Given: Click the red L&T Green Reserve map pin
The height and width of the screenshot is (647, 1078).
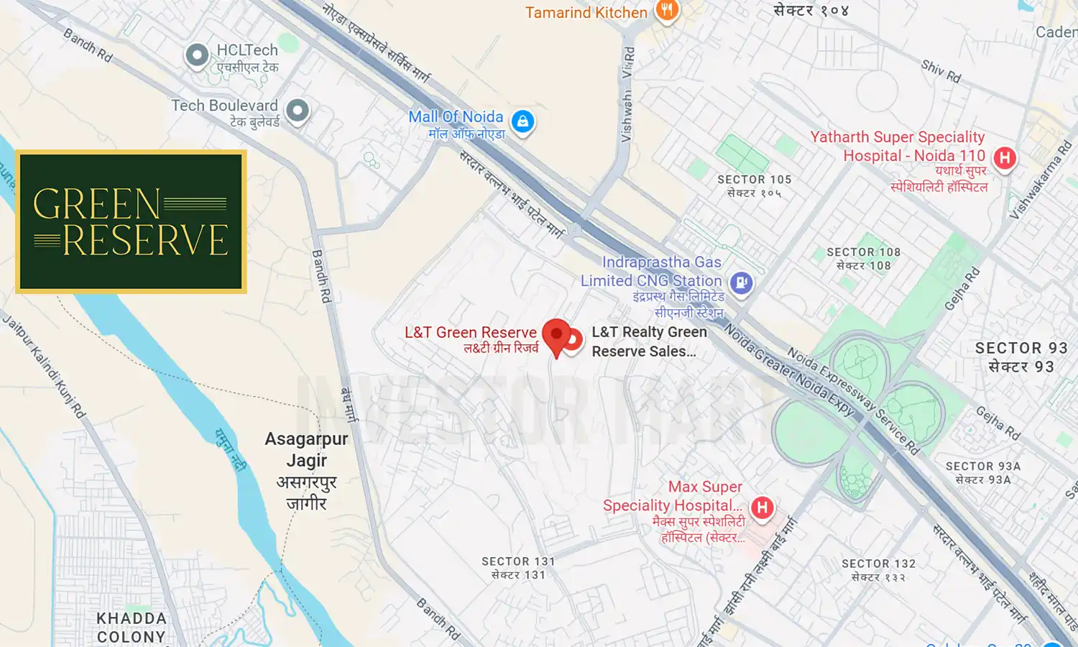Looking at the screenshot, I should coord(556,336).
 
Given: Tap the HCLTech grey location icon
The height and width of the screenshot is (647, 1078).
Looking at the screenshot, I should coord(197,55).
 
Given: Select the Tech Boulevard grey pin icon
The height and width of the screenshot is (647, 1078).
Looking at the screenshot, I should coord(298,111).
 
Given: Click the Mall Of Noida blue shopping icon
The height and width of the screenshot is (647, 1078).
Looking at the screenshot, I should coord(523,121).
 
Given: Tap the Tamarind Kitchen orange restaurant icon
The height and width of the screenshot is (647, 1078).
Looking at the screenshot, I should coord(667,10).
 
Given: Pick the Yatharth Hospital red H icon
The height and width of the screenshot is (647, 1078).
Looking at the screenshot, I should coord(1005,157).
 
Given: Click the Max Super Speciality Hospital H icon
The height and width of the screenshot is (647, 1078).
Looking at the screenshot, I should coord(763,508).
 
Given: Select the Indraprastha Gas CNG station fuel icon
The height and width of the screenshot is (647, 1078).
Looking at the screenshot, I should coord(742,282).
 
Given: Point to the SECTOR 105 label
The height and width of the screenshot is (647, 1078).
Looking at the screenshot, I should coord(754,180).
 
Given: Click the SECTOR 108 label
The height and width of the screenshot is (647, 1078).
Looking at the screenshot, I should coord(863,252).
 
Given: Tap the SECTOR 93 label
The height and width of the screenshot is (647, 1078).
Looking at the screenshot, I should coord(1021,348).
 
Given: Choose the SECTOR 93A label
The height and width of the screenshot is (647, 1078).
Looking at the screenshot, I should coord(982,467).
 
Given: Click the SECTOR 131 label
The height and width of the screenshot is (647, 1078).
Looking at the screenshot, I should coord(517,561).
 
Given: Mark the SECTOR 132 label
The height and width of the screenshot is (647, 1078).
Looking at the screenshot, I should coord(878,564).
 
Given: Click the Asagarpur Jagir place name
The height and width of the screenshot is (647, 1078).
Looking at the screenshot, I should coord(306,449).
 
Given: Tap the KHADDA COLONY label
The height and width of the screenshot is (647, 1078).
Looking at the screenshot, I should coord(132,628).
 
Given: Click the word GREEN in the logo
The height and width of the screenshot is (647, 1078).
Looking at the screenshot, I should coord(96,205).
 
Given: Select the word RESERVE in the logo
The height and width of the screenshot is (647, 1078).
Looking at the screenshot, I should coord(145,241).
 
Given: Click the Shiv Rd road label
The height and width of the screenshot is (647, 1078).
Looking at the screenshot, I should coord(941,70).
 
